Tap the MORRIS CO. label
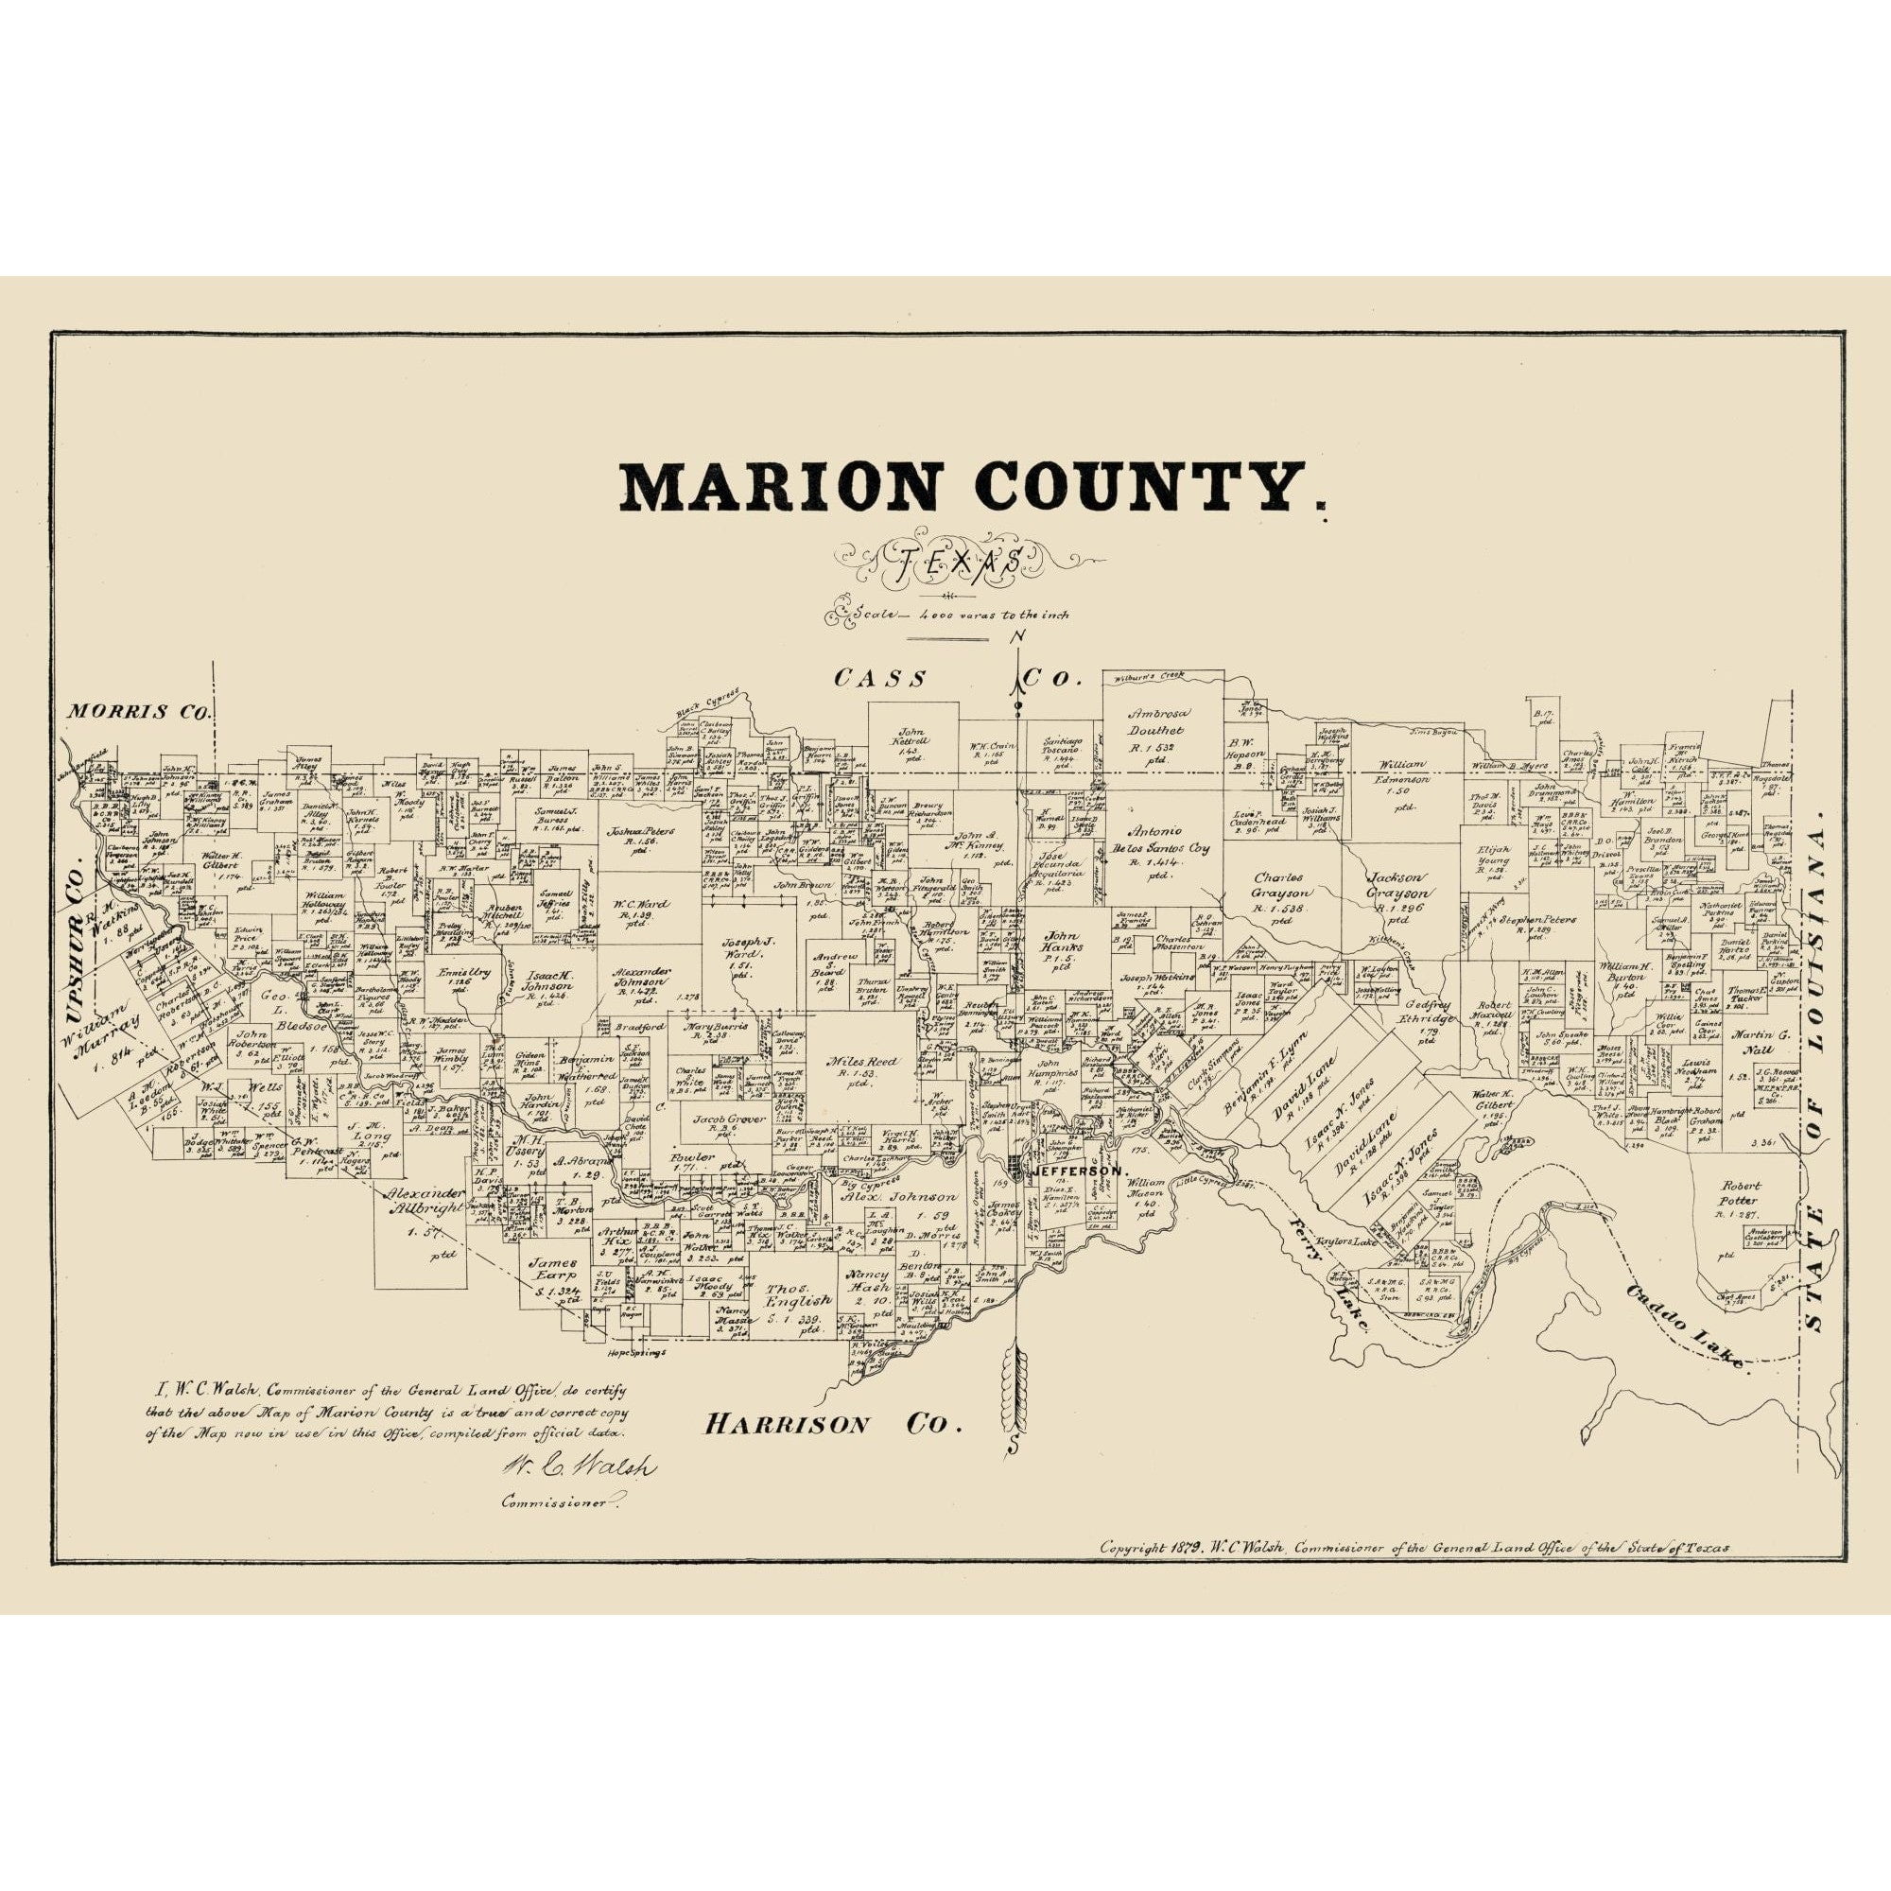(138, 712)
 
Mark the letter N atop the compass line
(1019, 637)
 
